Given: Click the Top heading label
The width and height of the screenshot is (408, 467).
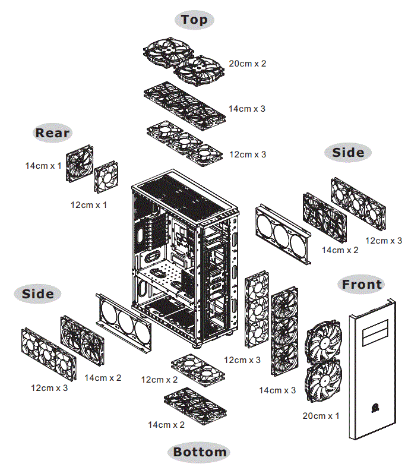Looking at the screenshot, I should coord(194,20).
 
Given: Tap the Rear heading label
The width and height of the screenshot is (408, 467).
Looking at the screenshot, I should coord(52,132).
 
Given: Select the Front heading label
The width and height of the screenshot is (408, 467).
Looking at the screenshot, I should coord(362,285).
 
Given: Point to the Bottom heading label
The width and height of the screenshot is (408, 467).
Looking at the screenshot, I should coord(200,452).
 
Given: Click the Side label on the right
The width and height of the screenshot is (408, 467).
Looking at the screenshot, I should coord(348,153).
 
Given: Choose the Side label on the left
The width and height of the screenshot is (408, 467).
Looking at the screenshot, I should coord(38,294).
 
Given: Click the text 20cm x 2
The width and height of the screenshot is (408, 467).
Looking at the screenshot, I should coord(247,64).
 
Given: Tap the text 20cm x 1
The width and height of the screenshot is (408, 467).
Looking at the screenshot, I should coord(321,416).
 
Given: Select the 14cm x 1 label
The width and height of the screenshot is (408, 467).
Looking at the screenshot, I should coord(43,165).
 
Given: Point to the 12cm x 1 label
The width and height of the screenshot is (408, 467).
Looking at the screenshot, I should coord(88,205).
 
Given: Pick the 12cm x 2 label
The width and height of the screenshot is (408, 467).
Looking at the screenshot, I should coord(159,379).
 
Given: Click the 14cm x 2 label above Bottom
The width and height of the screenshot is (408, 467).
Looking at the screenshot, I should coord(166,425).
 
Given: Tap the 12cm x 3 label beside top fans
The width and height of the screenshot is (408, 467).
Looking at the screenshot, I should coord(248,154).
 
